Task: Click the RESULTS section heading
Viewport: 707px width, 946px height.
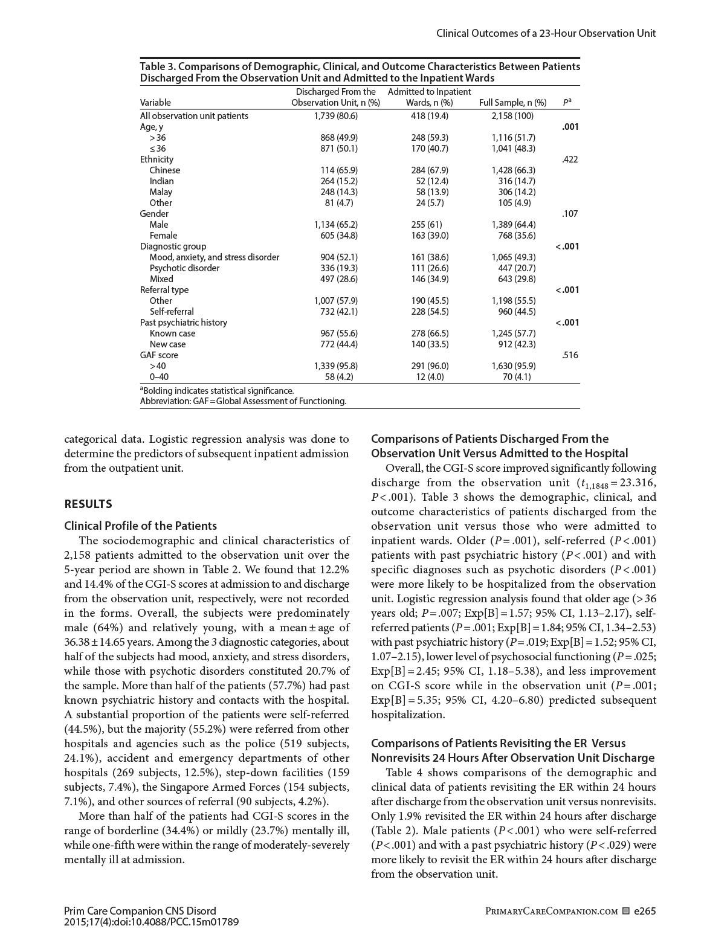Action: [x=88, y=504]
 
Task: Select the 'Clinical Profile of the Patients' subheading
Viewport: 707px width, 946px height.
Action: [x=140, y=526]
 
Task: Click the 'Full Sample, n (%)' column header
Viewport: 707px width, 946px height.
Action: [x=512, y=103]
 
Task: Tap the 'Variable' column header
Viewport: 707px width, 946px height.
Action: [x=155, y=103]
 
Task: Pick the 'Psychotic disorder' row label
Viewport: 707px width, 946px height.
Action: [x=184, y=268]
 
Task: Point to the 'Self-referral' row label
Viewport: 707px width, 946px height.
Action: [x=172, y=312]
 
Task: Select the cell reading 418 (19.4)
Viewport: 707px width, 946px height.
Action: [x=430, y=116]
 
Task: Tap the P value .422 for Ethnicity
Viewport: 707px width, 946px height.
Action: [x=570, y=159]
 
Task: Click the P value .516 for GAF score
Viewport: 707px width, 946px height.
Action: [x=570, y=355]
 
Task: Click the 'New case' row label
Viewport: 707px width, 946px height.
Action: [x=167, y=344]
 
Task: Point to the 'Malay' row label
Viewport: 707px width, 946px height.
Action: [x=161, y=192]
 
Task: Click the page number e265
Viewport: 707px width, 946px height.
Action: [x=644, y=911]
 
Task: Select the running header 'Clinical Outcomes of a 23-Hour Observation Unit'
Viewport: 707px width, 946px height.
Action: [x=546, y=33]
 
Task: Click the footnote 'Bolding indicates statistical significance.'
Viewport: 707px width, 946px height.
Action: [x=218, y=391]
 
